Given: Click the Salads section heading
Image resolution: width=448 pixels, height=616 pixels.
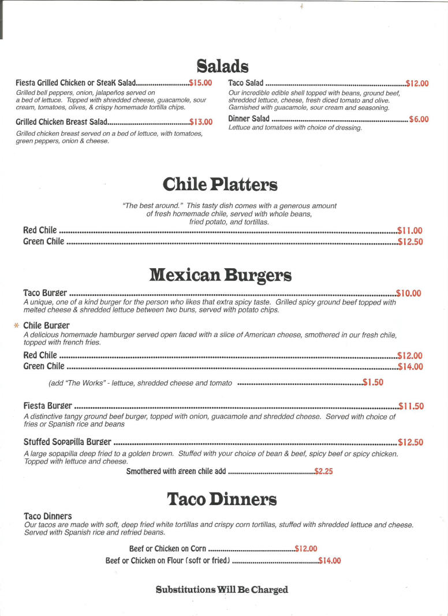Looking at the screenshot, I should coord(222,65).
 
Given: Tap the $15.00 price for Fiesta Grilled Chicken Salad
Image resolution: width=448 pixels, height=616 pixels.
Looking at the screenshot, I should coord(200,83).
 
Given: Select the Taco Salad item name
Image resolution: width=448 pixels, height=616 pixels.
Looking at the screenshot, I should coord(245,83).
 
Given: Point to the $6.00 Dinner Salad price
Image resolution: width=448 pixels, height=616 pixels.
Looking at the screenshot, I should coord(419,119).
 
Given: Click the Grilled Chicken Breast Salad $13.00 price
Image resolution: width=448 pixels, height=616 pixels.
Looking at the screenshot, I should coord(201,122).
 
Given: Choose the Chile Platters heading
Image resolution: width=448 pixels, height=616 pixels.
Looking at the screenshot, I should coord(220,184).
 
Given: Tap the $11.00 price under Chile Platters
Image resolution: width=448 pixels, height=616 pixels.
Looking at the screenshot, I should coord(410,230).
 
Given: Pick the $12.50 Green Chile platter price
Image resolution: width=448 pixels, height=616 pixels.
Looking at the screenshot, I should coord(410,242).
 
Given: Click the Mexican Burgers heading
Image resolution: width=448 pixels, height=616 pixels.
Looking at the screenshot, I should coord(220,274).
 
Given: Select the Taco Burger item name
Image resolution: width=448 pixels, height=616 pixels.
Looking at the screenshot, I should coord(45,293).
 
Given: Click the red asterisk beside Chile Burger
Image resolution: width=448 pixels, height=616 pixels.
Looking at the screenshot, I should coord(16,326).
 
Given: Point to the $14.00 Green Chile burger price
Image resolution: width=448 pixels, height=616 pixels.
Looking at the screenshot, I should coord(410,366).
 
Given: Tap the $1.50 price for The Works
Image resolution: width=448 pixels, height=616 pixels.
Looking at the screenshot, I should coord(373,382).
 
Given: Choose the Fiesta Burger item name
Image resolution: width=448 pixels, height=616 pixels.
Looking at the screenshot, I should coord(48,406).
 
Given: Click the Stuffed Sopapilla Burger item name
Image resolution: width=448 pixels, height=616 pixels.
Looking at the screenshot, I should coord(67,442).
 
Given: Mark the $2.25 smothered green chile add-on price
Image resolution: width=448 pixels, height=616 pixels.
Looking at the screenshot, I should coord(323,472).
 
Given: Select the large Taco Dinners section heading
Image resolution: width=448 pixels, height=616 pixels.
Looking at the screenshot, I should coord(222,499).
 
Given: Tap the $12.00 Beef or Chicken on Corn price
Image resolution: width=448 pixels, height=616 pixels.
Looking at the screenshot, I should coord(306,548).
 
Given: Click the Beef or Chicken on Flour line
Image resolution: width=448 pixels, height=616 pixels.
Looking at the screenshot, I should coord(167,561).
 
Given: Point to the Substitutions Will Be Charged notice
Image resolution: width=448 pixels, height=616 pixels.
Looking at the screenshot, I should coord(222,589).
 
